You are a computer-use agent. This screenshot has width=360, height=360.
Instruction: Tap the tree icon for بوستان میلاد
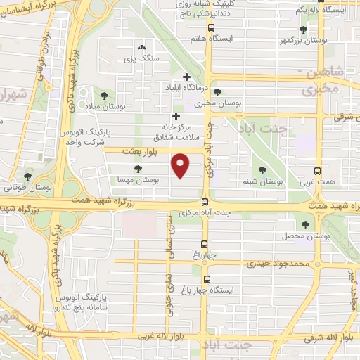tap(105, 95)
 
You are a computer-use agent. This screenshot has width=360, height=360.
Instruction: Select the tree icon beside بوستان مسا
tap(138, 169)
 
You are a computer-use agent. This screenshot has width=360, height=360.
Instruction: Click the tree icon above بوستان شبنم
tap(262, 169)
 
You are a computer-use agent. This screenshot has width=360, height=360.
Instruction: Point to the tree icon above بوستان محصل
tap(304, 225)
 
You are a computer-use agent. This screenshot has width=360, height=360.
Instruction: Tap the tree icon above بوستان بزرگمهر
tap(302, 30)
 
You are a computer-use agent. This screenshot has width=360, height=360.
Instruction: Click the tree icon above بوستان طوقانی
tap(27, 176)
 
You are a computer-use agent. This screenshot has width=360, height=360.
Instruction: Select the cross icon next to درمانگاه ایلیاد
tap(186, 77)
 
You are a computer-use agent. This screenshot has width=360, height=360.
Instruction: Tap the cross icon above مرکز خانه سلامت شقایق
tap(176, 116)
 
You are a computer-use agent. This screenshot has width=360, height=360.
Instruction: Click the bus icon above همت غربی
tap(317, 170)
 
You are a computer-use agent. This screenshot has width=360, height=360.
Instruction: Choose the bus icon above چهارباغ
tap(205, 245)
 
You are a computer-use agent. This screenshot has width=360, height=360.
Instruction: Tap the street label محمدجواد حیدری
tap(277, 264)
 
